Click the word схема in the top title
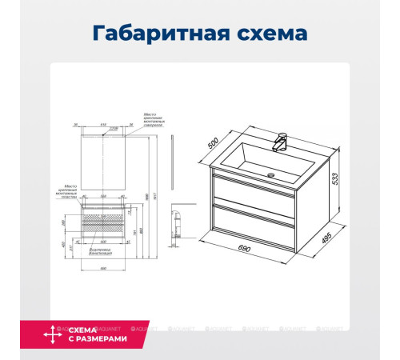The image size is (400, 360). click(268, 34)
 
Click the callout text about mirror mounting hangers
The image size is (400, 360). click(154, 121)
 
